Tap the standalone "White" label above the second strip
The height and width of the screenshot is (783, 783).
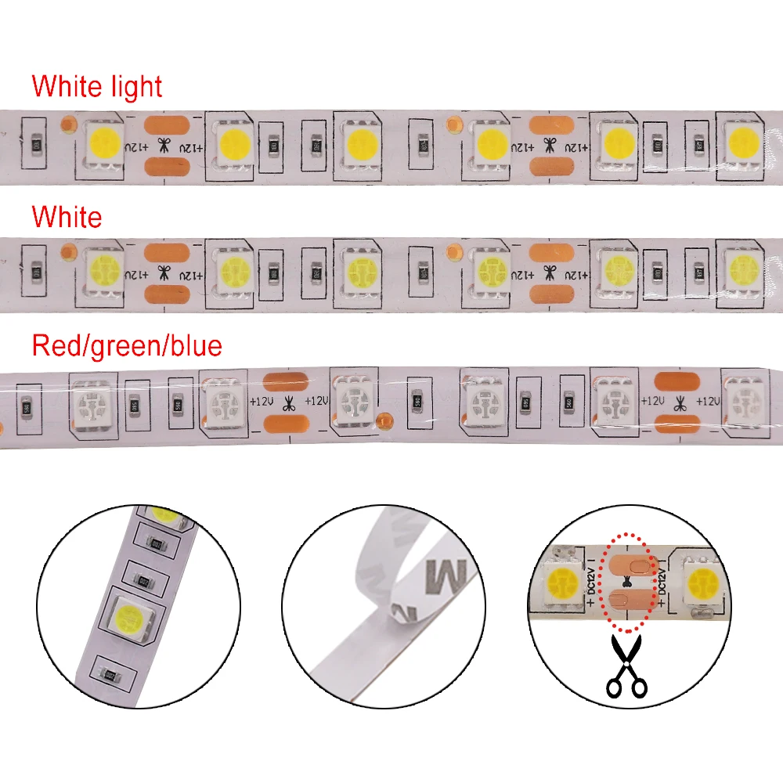coord(67,216)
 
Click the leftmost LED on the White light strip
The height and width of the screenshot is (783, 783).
coord(103,143)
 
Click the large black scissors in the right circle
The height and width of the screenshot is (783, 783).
coord(626,666)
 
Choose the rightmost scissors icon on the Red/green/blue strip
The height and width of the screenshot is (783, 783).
coord(680,402)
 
